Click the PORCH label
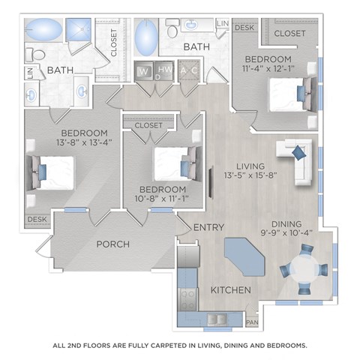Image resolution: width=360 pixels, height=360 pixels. (112, 244)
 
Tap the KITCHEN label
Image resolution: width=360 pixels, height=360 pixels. (231, 289)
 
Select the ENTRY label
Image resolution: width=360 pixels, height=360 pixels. (205, 227)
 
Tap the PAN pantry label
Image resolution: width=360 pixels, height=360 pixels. (253, 323)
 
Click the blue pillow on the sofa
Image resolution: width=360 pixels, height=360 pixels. (298, 153)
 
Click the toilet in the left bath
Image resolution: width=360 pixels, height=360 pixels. (33, 54)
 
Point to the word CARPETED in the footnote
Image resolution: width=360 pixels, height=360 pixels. (170, 346)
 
